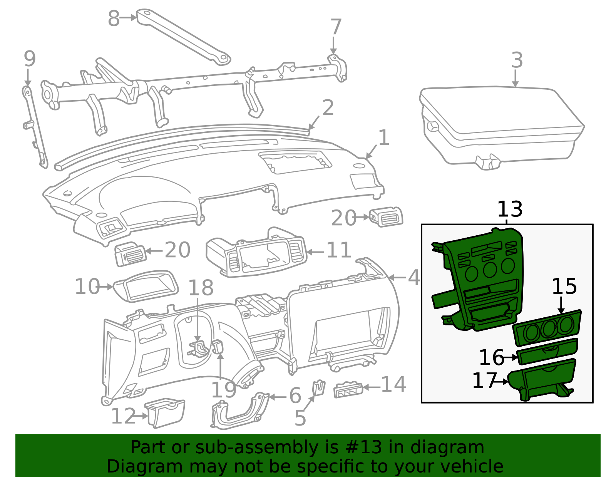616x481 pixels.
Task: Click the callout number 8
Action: click(x=114, y=18)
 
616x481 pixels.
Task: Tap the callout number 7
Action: click(x=336, y=27)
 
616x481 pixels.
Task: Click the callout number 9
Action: click(x=30, y=59)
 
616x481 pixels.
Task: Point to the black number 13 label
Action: click(x=510, y=209)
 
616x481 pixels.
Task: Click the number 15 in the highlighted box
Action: click(x=564, y=286)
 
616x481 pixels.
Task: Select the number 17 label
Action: click(x=484, y=380)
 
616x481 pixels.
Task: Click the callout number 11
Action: click(x=338, y=250)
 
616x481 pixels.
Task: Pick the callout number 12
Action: click(x=123, y=416)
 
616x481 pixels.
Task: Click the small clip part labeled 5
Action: click(x=319, y=388)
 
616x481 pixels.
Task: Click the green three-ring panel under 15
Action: click(x=547, y=328)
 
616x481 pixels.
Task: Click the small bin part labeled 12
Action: click(x=165, y=413)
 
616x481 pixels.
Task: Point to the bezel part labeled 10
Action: click(x=146, y=286)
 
